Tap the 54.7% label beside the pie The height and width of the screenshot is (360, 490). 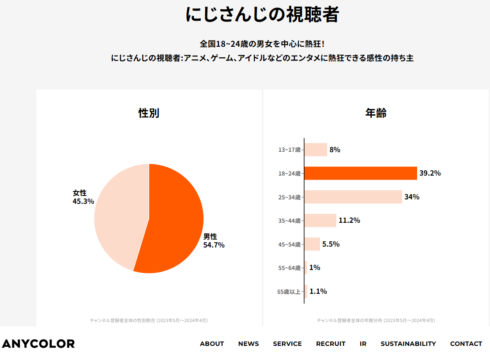214,245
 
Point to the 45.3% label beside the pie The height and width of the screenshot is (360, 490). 83,201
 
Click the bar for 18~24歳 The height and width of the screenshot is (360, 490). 360,173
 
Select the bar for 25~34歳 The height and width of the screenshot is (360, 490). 353,197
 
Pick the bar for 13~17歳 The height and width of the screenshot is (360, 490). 316,150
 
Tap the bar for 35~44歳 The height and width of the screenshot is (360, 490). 320,221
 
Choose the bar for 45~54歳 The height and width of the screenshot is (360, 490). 312,244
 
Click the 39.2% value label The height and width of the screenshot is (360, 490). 430,173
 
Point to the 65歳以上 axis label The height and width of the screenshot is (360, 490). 289,292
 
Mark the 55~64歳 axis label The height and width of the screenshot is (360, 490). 289,268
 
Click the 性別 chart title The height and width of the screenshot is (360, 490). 149,113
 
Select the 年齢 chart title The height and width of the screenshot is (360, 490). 376,113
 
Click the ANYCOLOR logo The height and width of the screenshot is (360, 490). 38,344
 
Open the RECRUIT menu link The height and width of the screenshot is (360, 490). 331,344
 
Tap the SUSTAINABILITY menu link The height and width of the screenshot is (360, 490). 408,344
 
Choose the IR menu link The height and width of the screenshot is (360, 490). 363,344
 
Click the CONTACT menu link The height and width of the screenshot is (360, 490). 466,344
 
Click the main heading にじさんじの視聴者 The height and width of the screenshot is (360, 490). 262,15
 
